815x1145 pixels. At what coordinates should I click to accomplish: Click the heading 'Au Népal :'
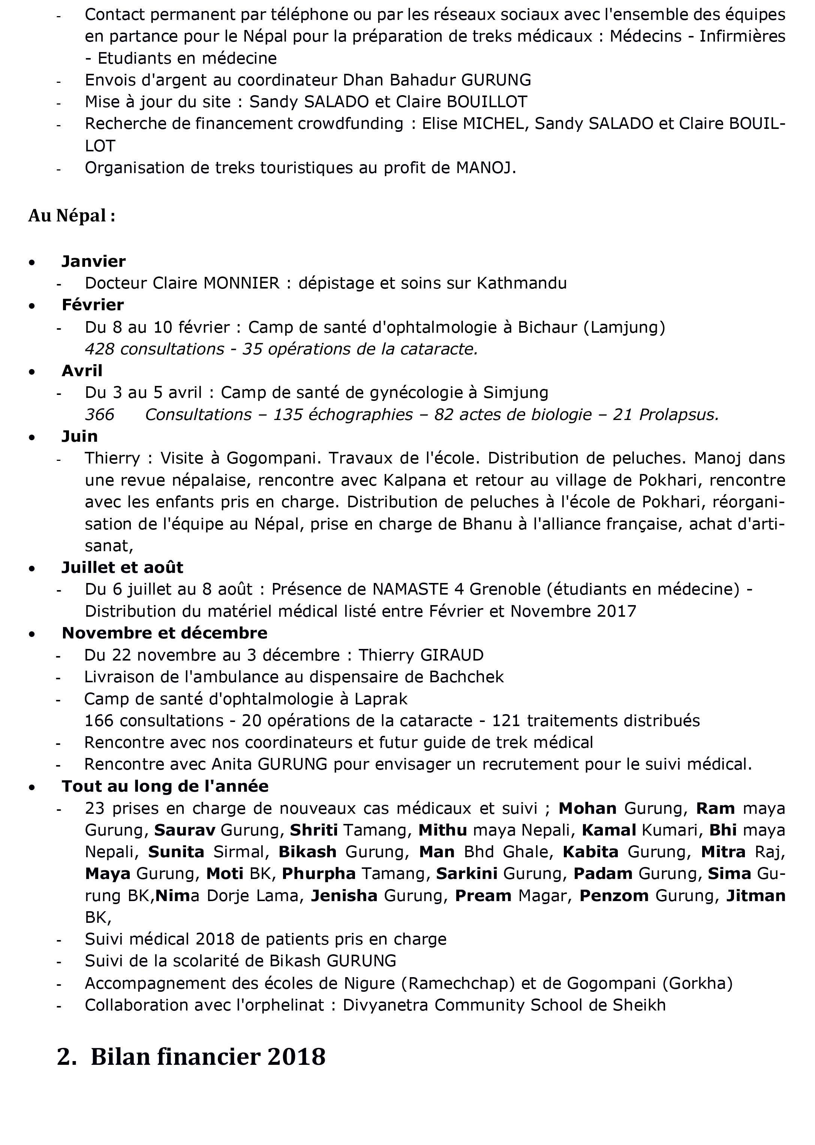click(72, 216)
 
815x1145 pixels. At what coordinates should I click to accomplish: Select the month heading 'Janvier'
click(93, 261)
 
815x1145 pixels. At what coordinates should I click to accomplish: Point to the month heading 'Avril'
click(82, 371)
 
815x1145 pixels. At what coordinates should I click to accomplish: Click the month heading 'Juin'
click(79, 436)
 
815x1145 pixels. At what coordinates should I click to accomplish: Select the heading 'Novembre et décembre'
click(164, 633)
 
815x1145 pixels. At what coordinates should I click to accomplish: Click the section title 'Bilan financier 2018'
click(208, 1056)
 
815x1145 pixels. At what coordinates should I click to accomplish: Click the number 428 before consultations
click(99, 349)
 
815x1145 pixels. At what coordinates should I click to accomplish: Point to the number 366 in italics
click(99, 415)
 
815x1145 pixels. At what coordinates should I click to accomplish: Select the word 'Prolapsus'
click(679, 415)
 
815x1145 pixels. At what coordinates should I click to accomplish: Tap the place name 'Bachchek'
click(466, 677)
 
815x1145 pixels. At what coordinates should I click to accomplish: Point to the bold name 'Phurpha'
click(319, 874)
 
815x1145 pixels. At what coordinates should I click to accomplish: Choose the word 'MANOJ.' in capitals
click(486, 167)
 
